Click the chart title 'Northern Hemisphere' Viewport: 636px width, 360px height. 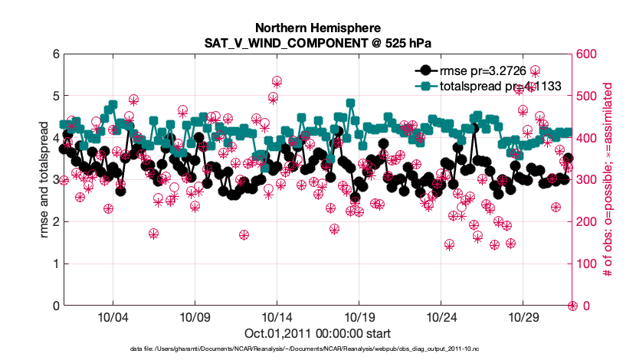point(317,28)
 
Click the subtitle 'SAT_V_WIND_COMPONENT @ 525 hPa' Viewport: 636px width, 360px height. point(317,44)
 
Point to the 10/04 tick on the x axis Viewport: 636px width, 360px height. point(112,316)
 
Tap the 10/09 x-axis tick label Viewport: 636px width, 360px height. point(194,316)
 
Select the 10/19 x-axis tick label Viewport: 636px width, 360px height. point(359,316)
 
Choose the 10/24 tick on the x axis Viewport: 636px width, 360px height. point(441,316)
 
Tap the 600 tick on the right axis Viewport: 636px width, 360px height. point(588,54)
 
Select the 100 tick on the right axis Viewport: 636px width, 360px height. point(588,264)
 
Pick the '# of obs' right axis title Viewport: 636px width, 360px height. point(607,180)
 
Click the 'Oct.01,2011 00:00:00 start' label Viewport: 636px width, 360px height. point(317,333)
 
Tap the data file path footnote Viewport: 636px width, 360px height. point(317,349)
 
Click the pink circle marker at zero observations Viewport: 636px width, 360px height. point(572,306)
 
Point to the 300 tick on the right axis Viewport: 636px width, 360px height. point(588,180)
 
